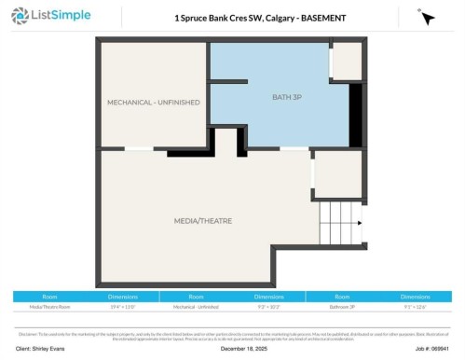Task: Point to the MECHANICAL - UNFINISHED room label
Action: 153,102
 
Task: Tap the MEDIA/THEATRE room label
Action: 202,220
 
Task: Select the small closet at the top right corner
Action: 347,61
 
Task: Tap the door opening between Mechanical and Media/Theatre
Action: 139,148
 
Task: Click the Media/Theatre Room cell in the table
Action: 50,305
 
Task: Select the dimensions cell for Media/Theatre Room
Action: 124,305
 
